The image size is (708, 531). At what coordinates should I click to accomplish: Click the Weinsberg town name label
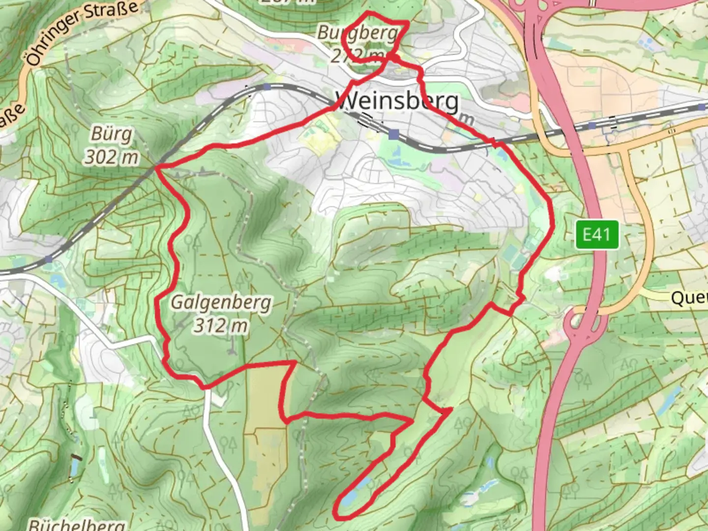tap(397, 102)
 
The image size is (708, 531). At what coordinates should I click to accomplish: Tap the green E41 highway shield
tap(597, 235)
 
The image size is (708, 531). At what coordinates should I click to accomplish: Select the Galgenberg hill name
tap(221, 302)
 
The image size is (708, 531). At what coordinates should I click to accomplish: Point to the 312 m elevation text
tap(220, 325)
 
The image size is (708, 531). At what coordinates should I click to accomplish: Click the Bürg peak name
tap(112, 134)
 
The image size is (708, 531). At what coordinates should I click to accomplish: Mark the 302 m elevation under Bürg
tap(112, 157)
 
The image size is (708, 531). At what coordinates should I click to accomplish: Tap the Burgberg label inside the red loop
tap(357, 33)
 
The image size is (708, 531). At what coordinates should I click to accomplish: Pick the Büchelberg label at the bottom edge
tap(76, 524)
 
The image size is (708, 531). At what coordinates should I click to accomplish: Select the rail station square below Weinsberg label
tap(393, 134)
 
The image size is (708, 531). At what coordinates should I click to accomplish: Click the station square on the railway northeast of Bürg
tap(266, 87)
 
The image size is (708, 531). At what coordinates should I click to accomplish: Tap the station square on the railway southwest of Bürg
tap(48, 259)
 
